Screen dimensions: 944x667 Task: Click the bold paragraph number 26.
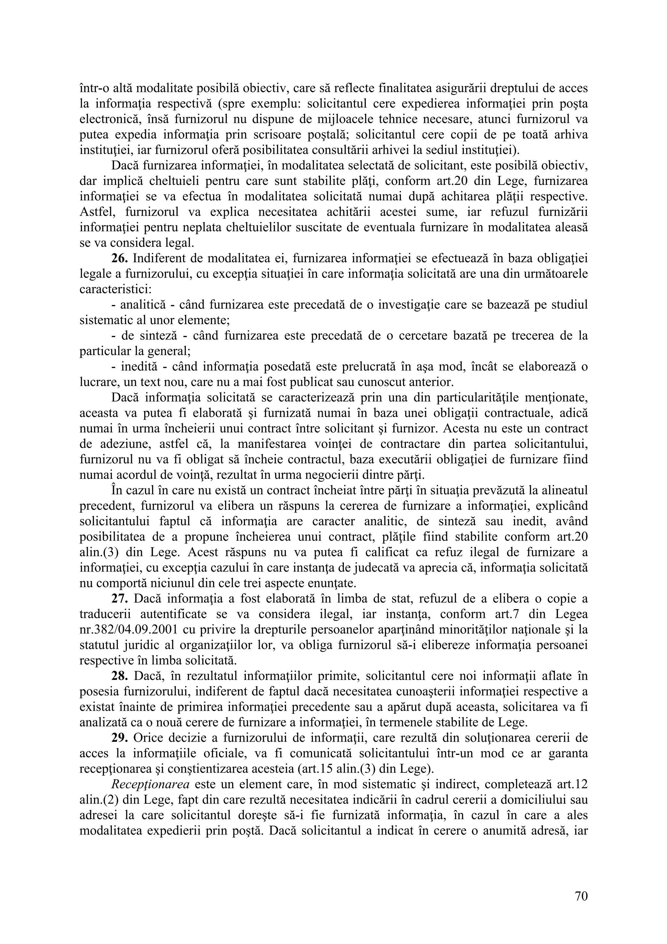click(120, 259)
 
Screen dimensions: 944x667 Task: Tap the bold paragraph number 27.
click(120, 599)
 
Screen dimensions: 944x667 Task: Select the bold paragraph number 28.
click(120, 676)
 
